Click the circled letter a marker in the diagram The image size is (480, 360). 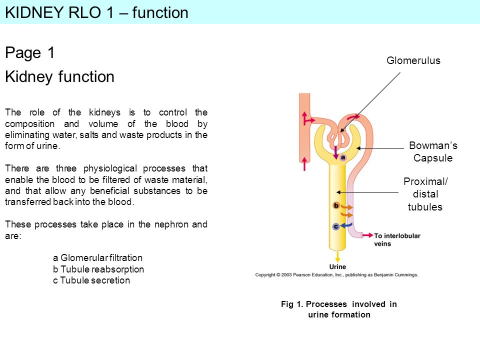(x=343, y=157)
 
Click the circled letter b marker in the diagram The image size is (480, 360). (x=336, y=205)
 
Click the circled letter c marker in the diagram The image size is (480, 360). (x=336, y=226)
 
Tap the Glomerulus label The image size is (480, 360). (x=413, y=60)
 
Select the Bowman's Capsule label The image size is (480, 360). (x=433, y=151)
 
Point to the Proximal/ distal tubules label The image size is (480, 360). (x=425, y=194)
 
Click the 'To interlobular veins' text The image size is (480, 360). (x=397, y=239)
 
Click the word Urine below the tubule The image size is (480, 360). (x=337, y=266)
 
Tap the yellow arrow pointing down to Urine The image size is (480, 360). (x=337, y=257)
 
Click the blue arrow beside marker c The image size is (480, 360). (x=346, y=225)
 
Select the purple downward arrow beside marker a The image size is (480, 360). (x=336, y=152)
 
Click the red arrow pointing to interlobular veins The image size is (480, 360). (x=367, y=235)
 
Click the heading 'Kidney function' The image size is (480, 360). (x=59, y=76)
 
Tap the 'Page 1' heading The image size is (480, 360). (x=29, y=52)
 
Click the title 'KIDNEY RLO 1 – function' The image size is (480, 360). (x=96, y=13)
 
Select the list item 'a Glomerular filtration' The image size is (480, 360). (x=97, y=258)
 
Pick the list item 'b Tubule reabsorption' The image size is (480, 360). (x=98, y=269)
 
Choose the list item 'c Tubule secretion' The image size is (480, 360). (x=91, y=280)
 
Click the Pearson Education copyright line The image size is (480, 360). (x=336, y=275)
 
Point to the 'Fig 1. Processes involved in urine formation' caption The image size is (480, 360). (x=339, y=309)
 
